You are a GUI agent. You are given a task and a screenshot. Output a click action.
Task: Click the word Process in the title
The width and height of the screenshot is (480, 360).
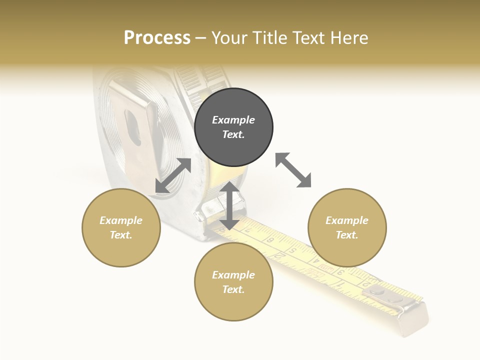coord(157,38)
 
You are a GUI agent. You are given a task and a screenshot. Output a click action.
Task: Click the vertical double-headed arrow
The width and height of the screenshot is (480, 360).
coord(229,205)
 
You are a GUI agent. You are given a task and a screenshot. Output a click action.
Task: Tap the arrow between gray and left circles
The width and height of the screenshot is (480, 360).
coord(173,175)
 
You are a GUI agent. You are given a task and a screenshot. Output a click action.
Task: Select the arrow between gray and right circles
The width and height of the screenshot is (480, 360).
coord(293,170)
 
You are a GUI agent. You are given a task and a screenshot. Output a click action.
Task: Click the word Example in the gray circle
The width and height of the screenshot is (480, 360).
coord(233,120)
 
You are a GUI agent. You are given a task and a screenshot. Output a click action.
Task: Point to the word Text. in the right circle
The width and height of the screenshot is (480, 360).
coord(347,235)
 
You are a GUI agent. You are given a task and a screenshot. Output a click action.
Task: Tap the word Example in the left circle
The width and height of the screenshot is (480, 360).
coord(121,220)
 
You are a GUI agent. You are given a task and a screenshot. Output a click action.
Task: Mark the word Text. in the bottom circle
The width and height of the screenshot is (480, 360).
coord(233,289)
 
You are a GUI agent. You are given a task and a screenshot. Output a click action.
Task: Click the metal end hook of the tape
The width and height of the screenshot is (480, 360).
coord(414,320)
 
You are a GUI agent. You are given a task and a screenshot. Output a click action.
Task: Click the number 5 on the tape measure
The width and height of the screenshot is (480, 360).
coord(293,250)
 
